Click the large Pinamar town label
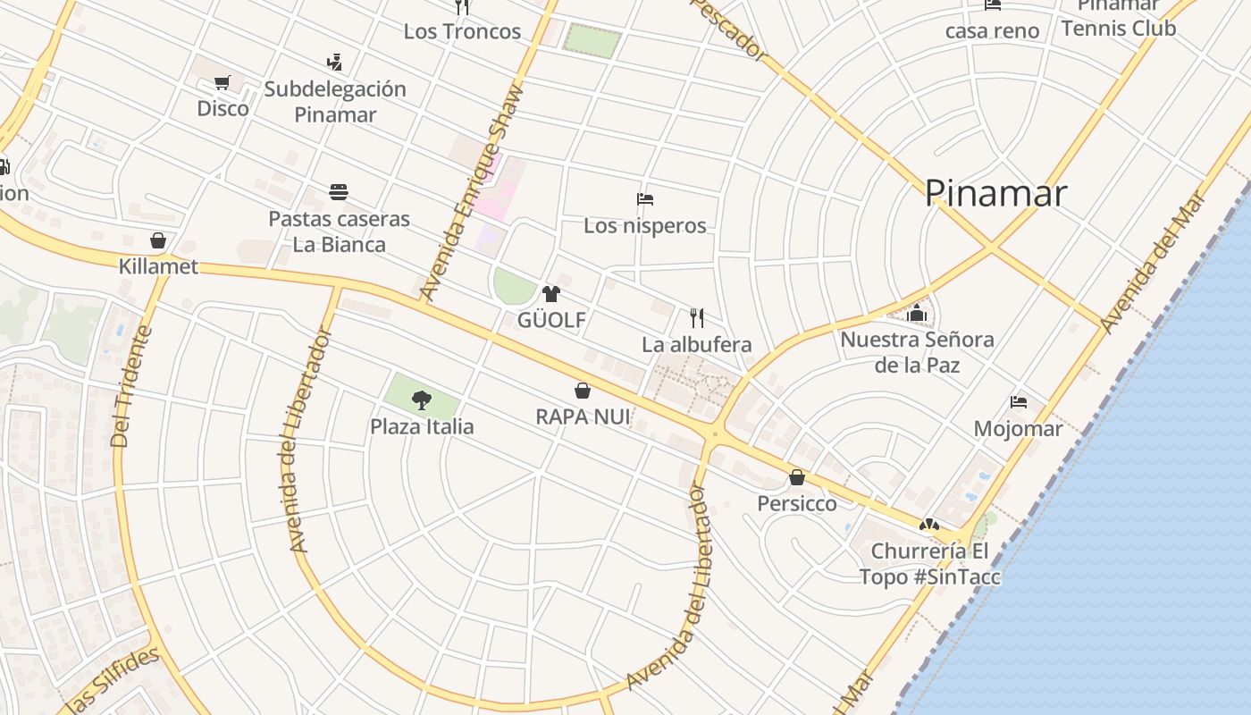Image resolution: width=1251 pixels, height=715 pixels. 995,193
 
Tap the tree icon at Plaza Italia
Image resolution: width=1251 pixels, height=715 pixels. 422,400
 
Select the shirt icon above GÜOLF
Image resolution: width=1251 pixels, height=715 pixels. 550,294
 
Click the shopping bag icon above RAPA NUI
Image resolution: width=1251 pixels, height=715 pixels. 582,391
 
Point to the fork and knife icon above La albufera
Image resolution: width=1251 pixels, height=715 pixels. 697,317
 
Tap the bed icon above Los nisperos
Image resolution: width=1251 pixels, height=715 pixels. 645,198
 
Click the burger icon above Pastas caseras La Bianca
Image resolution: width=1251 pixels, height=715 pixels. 339,192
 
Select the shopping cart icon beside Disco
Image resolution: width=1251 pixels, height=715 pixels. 222,83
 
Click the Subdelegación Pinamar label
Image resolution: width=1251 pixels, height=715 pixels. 335,102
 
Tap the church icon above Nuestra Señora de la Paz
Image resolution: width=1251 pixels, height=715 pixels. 917,313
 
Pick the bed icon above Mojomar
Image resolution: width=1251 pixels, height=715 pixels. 1018,402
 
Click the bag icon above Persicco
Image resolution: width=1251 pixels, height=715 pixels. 797,477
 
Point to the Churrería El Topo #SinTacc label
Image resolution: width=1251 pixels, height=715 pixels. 929,564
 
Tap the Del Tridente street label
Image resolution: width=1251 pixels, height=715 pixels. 132,386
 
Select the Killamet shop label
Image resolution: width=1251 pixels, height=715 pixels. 158,266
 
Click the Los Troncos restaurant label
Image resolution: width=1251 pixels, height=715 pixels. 462,31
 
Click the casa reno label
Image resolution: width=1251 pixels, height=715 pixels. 992,31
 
